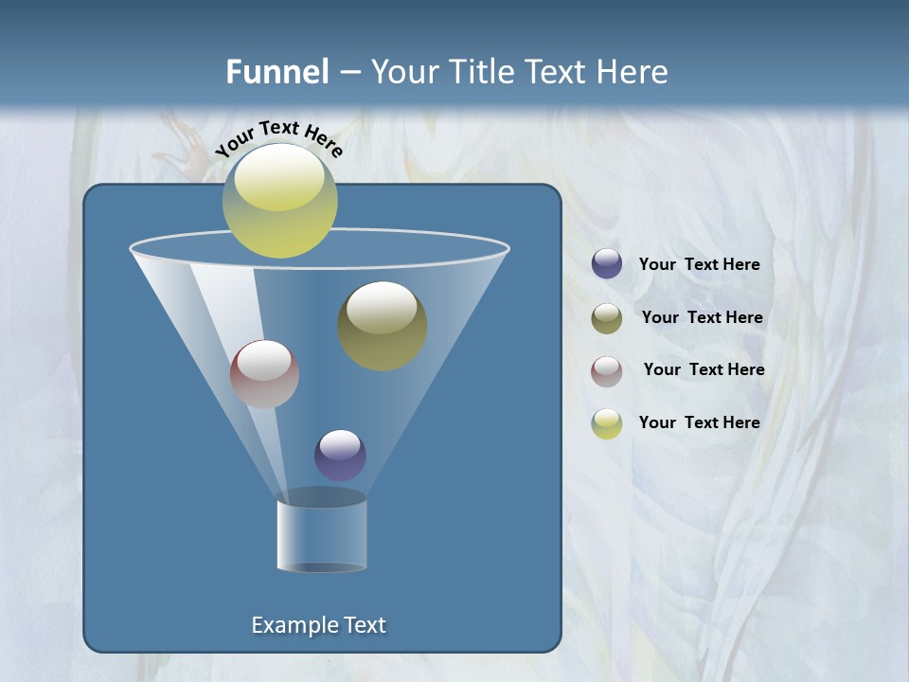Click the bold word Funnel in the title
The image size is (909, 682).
click(277, 72)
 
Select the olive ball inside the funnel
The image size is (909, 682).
click(383, 327)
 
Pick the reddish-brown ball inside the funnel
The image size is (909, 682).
click(264, 374)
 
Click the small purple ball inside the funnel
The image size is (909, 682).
click(340, 456)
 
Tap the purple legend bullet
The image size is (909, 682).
click(607, 264)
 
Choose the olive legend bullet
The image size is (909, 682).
click(607, 318)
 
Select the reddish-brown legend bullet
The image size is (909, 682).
click(607, 370)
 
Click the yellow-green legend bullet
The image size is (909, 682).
click(607, 423)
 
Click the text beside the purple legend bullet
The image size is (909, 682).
click(699, 265)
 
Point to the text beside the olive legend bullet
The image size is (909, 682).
click(702, 318)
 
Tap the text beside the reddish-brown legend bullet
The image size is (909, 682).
click(704, 370)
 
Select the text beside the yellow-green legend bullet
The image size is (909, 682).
click(699, 423)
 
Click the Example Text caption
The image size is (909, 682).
click(319, 625)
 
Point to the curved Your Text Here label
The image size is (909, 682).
click(278, 139)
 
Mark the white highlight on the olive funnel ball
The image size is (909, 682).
click(382, 309)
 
